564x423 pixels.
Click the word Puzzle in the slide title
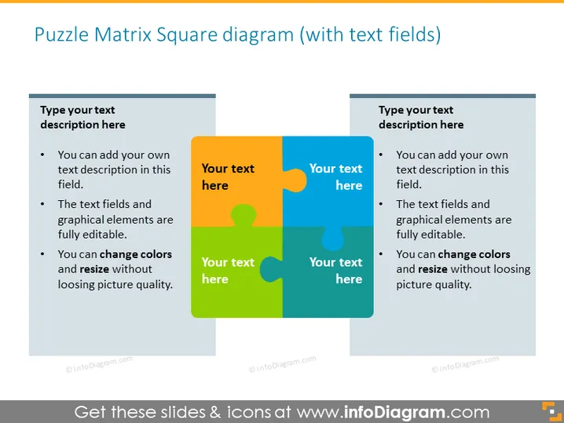61,35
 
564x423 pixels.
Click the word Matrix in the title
123,35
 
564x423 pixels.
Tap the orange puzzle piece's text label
228,177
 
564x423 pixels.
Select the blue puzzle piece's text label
335,177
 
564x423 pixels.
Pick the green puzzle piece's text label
228,271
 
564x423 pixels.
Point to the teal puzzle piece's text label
335,271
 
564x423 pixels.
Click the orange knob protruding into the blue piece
295,181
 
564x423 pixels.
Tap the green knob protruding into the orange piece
244,215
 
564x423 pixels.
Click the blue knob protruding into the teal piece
333,239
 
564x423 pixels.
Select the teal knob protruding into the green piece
270,269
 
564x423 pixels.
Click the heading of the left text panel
82,117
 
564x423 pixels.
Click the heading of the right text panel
421,117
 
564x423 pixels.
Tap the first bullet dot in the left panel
42,155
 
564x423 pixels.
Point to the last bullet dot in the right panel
381,254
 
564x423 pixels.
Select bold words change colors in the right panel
474,254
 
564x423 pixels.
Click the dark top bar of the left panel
123,96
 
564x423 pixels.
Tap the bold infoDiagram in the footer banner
394,412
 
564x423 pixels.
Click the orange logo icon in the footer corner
551,411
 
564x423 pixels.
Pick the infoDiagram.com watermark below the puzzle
282,363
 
